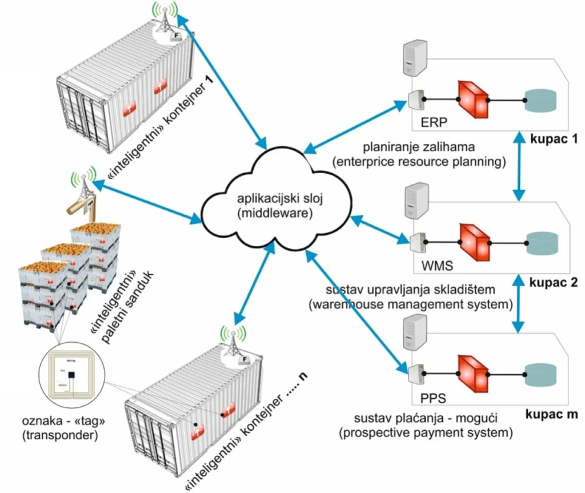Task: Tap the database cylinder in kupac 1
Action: click(543, 101)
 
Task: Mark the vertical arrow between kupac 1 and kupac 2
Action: click(519, 166)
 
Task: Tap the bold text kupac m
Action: click(552, 412)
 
